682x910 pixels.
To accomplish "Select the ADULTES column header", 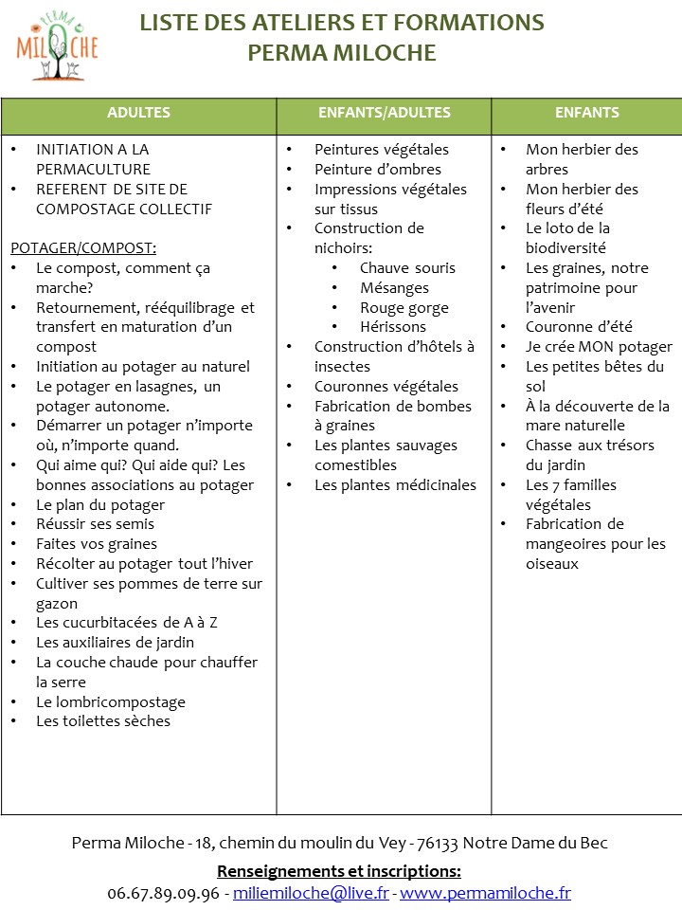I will (x=138, y=113).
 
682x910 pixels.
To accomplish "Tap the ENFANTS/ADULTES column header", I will (x=384, y=113).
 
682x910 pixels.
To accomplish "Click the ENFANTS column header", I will (x=586, y=113).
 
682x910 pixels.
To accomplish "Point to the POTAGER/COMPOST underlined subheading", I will (x=83, y=248).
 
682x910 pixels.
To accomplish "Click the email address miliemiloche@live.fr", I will (x=311, y=893).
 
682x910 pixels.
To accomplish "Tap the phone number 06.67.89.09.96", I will (x=164, y=893).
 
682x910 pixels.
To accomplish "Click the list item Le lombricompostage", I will (x=111, y=702).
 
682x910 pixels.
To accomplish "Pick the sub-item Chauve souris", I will (x=407, y=268).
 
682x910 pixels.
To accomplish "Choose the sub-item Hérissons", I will (x=393, y=327).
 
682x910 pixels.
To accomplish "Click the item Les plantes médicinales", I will (x=395, y=485).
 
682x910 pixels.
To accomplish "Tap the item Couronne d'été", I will (x=579, y=327).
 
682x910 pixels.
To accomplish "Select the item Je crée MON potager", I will (x=599, y=347).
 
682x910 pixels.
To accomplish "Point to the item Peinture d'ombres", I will (x=378, y=170).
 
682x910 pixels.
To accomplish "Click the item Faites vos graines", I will (x=97, y=544).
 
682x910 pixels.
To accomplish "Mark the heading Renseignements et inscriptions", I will (x=339, y=871).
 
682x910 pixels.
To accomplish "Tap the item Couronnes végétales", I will (x=386, y=387).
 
